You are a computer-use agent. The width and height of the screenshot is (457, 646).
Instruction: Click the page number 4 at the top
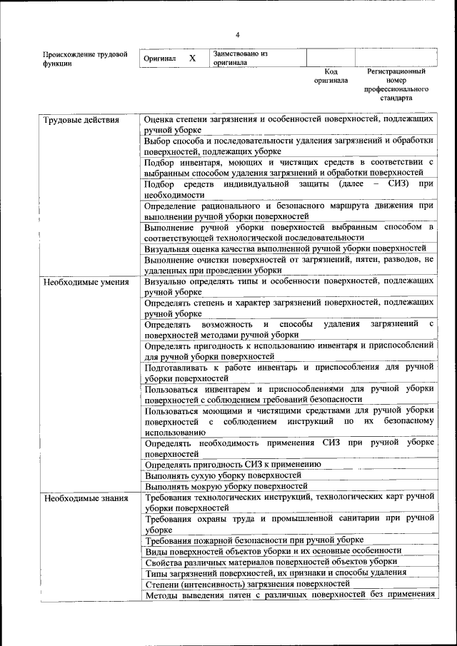click(x=238, y=35)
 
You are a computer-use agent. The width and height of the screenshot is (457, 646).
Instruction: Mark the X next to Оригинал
click(x=192, y=59)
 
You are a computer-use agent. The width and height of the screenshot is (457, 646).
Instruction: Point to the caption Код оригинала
click(x=331, y=76)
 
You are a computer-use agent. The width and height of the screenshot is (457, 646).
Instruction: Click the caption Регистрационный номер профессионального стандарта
click(x=396, y=85)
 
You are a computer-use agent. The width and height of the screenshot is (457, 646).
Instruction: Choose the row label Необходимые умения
click(x=86, y=282)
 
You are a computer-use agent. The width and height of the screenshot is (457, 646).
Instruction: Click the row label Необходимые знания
click(x=85, y=498)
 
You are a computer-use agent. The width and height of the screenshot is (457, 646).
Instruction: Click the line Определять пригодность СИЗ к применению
click(x=232, y=464)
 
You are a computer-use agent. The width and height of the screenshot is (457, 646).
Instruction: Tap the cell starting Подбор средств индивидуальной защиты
click(x=288, y=189)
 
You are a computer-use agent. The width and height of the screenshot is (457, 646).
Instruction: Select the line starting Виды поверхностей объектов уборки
click(x=272, y=551)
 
